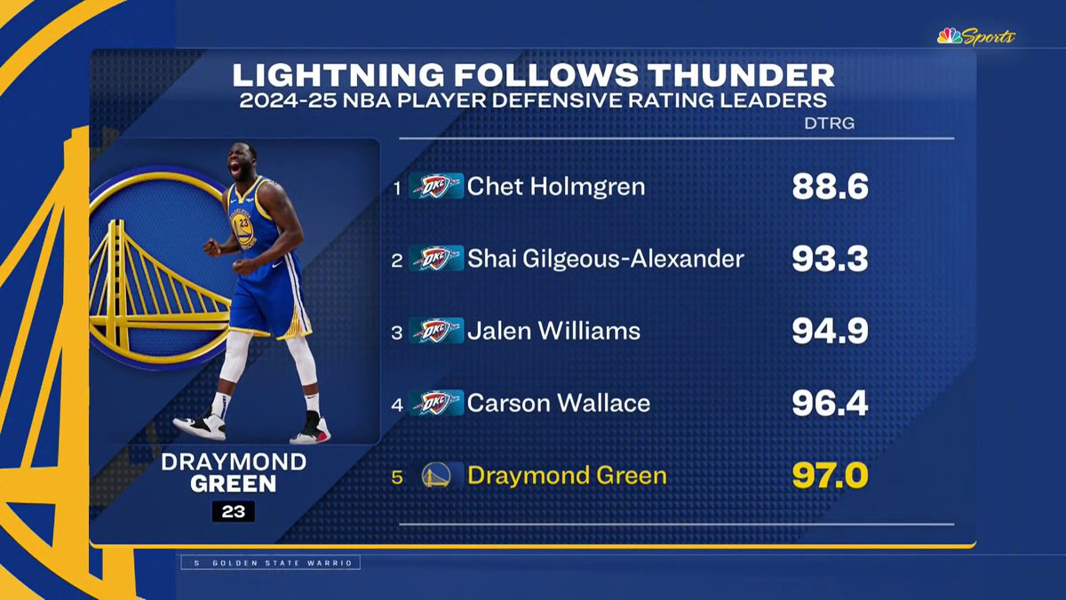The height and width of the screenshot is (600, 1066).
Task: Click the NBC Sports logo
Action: point(975,36)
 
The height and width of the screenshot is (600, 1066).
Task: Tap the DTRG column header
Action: point(828,124)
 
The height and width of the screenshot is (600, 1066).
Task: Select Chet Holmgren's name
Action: point(556,187)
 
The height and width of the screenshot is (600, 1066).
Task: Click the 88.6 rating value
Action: point(829,187)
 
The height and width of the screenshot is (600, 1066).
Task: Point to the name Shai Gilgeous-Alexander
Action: point(605,259)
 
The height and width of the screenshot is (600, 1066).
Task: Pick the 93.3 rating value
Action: point(829,259)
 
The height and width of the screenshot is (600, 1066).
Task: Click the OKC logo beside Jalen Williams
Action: point(436,331)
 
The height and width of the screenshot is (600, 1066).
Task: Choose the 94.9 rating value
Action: point(829,331)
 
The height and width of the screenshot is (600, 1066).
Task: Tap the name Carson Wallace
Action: point(558,404)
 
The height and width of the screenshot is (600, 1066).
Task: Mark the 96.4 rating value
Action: point(829,404)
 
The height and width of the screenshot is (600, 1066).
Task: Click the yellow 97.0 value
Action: point(829,476)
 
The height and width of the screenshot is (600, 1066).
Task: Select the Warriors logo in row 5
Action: point(436,476)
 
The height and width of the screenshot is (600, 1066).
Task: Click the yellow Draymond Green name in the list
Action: point(567,476)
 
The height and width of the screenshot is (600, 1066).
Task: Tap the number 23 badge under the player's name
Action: point(233,511)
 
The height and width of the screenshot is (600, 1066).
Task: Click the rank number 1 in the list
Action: point(397,188)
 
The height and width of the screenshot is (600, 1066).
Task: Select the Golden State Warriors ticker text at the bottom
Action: point(271,563)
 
